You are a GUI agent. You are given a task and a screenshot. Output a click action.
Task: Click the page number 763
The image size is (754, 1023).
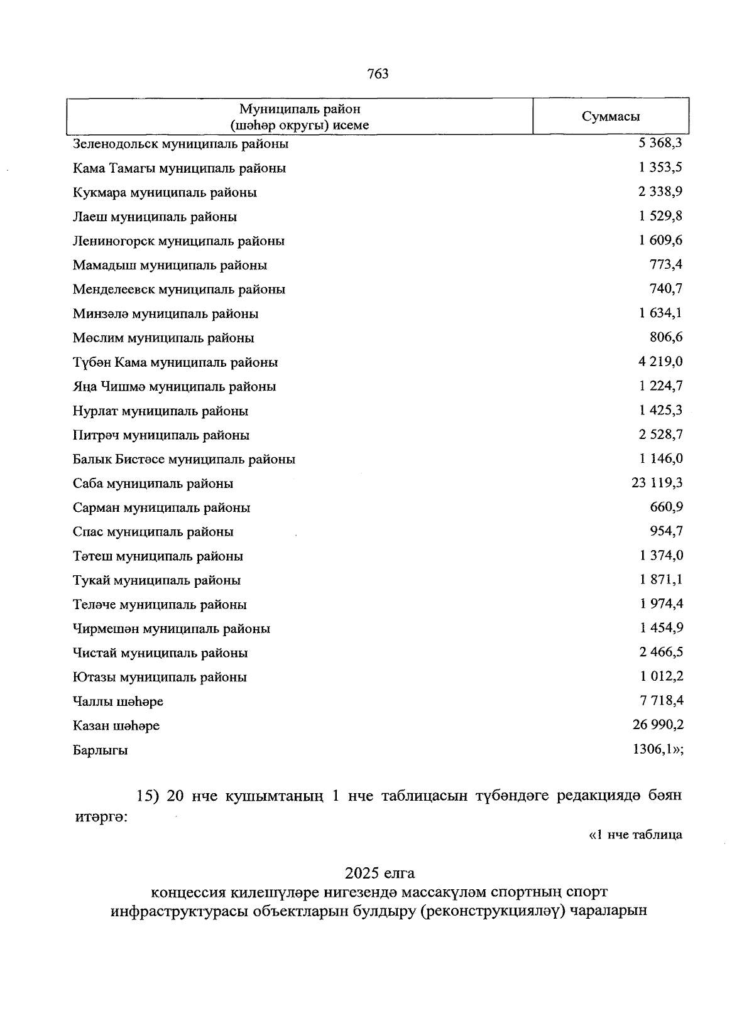[x=378, y=74]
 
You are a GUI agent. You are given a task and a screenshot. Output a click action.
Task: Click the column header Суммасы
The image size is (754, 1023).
[x=611, y=116]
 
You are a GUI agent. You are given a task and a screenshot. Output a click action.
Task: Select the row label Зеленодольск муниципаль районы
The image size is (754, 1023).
[x=180, y=144]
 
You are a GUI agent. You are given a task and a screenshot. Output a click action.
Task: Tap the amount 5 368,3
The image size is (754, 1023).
[x=660, y=143]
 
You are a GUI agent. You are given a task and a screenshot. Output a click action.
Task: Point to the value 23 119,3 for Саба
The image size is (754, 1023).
[x=657, y=483]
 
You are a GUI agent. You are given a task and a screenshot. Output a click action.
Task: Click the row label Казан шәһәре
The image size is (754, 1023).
[x=116, y=726]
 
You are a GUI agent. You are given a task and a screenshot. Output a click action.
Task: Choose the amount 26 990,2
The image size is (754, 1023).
[x=657, y=725]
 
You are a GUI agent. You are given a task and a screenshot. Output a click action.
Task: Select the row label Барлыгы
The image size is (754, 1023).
[x=100, y=750]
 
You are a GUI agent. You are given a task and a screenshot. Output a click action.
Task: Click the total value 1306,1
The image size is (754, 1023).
[x=656, y=749]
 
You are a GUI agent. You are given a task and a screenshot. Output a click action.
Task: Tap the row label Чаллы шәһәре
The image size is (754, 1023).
[x=118, y=701]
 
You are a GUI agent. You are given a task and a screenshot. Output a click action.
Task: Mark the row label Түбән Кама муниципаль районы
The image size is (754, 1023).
[x=175, y=362]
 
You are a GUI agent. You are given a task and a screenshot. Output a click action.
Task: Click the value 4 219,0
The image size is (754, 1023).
[x=660, y=362]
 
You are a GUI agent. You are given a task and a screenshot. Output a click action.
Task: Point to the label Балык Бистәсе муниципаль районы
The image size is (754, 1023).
[x=183, y=460]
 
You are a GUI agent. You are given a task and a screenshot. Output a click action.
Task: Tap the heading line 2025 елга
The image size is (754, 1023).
[x=380, y=873]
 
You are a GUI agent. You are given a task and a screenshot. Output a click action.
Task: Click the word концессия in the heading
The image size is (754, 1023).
[x=187, y=892]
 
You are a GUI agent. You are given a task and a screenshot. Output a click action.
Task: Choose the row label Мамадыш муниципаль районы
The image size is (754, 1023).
[x=170, y=265]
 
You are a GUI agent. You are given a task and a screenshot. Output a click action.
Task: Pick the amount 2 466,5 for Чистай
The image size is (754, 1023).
[x=660, y=652]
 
